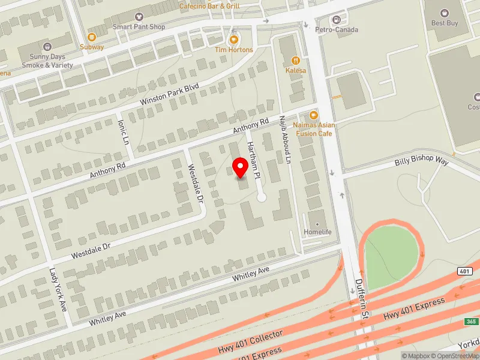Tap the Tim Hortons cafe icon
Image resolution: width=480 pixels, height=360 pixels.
[234, 38]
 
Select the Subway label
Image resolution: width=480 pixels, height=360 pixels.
[92, 47]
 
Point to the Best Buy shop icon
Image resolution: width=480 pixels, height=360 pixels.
[445, 13]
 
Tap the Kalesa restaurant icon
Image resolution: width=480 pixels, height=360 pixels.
[295, 60]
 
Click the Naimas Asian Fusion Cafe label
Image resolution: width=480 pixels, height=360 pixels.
[313, 129]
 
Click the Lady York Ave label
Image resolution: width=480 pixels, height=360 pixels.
[58, 289]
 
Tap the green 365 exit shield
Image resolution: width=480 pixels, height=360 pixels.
[471, 322]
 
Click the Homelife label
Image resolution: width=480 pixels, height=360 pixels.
[318, 232]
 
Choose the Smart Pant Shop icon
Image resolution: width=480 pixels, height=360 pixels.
[140, 16]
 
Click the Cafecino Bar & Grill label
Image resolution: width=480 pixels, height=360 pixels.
[210, 6]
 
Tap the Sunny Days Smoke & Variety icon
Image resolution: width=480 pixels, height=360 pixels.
[47, 46]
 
